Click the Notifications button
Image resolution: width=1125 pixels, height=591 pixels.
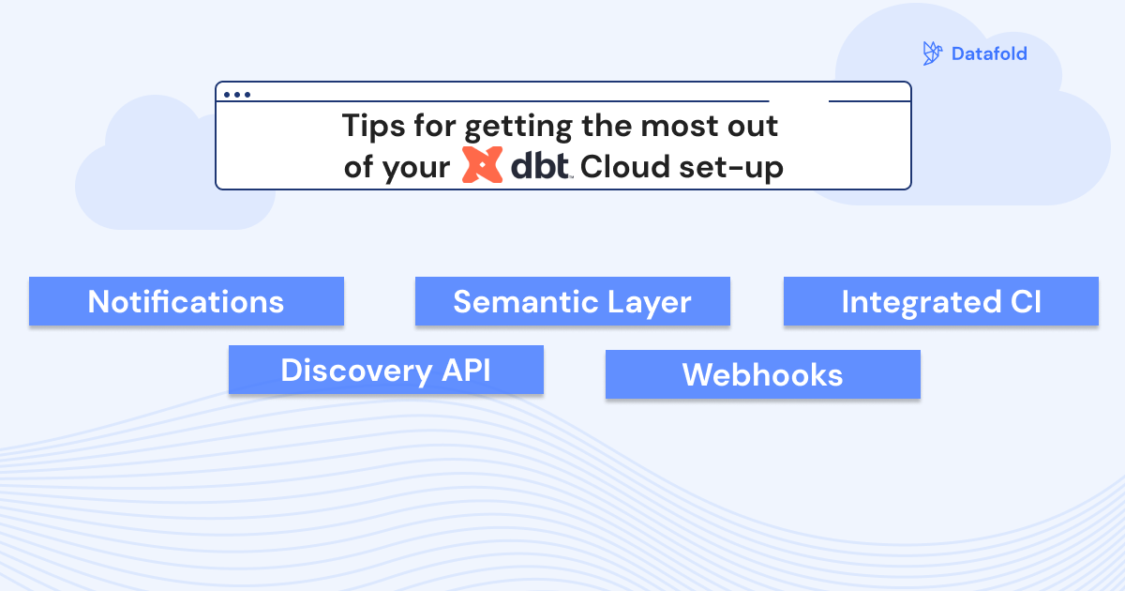point(186,302)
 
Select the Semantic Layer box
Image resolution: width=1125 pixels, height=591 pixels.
point(572,302)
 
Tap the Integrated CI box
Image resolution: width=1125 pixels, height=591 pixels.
point(940,302)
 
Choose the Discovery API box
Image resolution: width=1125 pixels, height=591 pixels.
point(385,371)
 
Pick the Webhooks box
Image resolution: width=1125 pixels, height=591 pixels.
point(762,375)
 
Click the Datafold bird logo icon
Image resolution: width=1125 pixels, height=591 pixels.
point(932,53)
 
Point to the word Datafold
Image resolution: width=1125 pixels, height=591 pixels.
point(989,53)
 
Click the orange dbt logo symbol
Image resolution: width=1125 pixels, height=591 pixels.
point(484,165)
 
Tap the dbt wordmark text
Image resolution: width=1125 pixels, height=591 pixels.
point(541,166)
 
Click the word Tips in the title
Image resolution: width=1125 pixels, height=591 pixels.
point(371,125)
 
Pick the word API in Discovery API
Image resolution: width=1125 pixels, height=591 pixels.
point(465,371)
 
